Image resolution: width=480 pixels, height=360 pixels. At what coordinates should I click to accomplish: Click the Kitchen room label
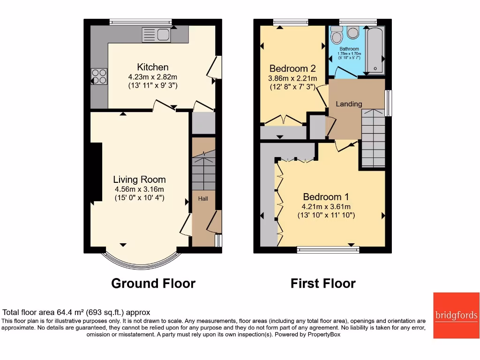[x=152, y=67]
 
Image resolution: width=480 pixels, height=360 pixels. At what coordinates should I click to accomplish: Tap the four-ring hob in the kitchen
[x=99, y=76]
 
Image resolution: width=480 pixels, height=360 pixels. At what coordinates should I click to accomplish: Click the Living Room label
[x=139, y=180]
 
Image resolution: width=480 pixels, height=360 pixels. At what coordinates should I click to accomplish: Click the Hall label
[x=203, y=199]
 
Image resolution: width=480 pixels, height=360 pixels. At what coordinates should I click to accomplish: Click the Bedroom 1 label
[x=325, y=197]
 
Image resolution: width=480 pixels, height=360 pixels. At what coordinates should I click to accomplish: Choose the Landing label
[x=349, y=104]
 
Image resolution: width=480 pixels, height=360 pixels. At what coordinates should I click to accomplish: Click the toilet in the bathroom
[x=336, y=34]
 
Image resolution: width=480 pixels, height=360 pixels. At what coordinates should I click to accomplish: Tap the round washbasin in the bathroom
[x=353, y=33]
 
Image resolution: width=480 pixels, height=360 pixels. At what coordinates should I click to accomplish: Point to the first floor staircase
[x=373, y=138]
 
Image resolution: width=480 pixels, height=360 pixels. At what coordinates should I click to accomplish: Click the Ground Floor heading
[x=153, y=284]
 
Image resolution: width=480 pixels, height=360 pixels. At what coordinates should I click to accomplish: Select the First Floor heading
[x=323, y=284]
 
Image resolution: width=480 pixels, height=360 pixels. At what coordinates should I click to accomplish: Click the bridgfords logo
[x=456, y=315]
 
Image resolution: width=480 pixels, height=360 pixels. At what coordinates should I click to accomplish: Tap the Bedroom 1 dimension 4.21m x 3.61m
[x=326, y=207]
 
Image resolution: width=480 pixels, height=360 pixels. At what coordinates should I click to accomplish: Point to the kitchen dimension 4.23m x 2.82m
[x=152, y=77]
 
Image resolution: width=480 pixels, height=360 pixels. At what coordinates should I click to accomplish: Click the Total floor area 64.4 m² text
[x=76, y=312]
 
